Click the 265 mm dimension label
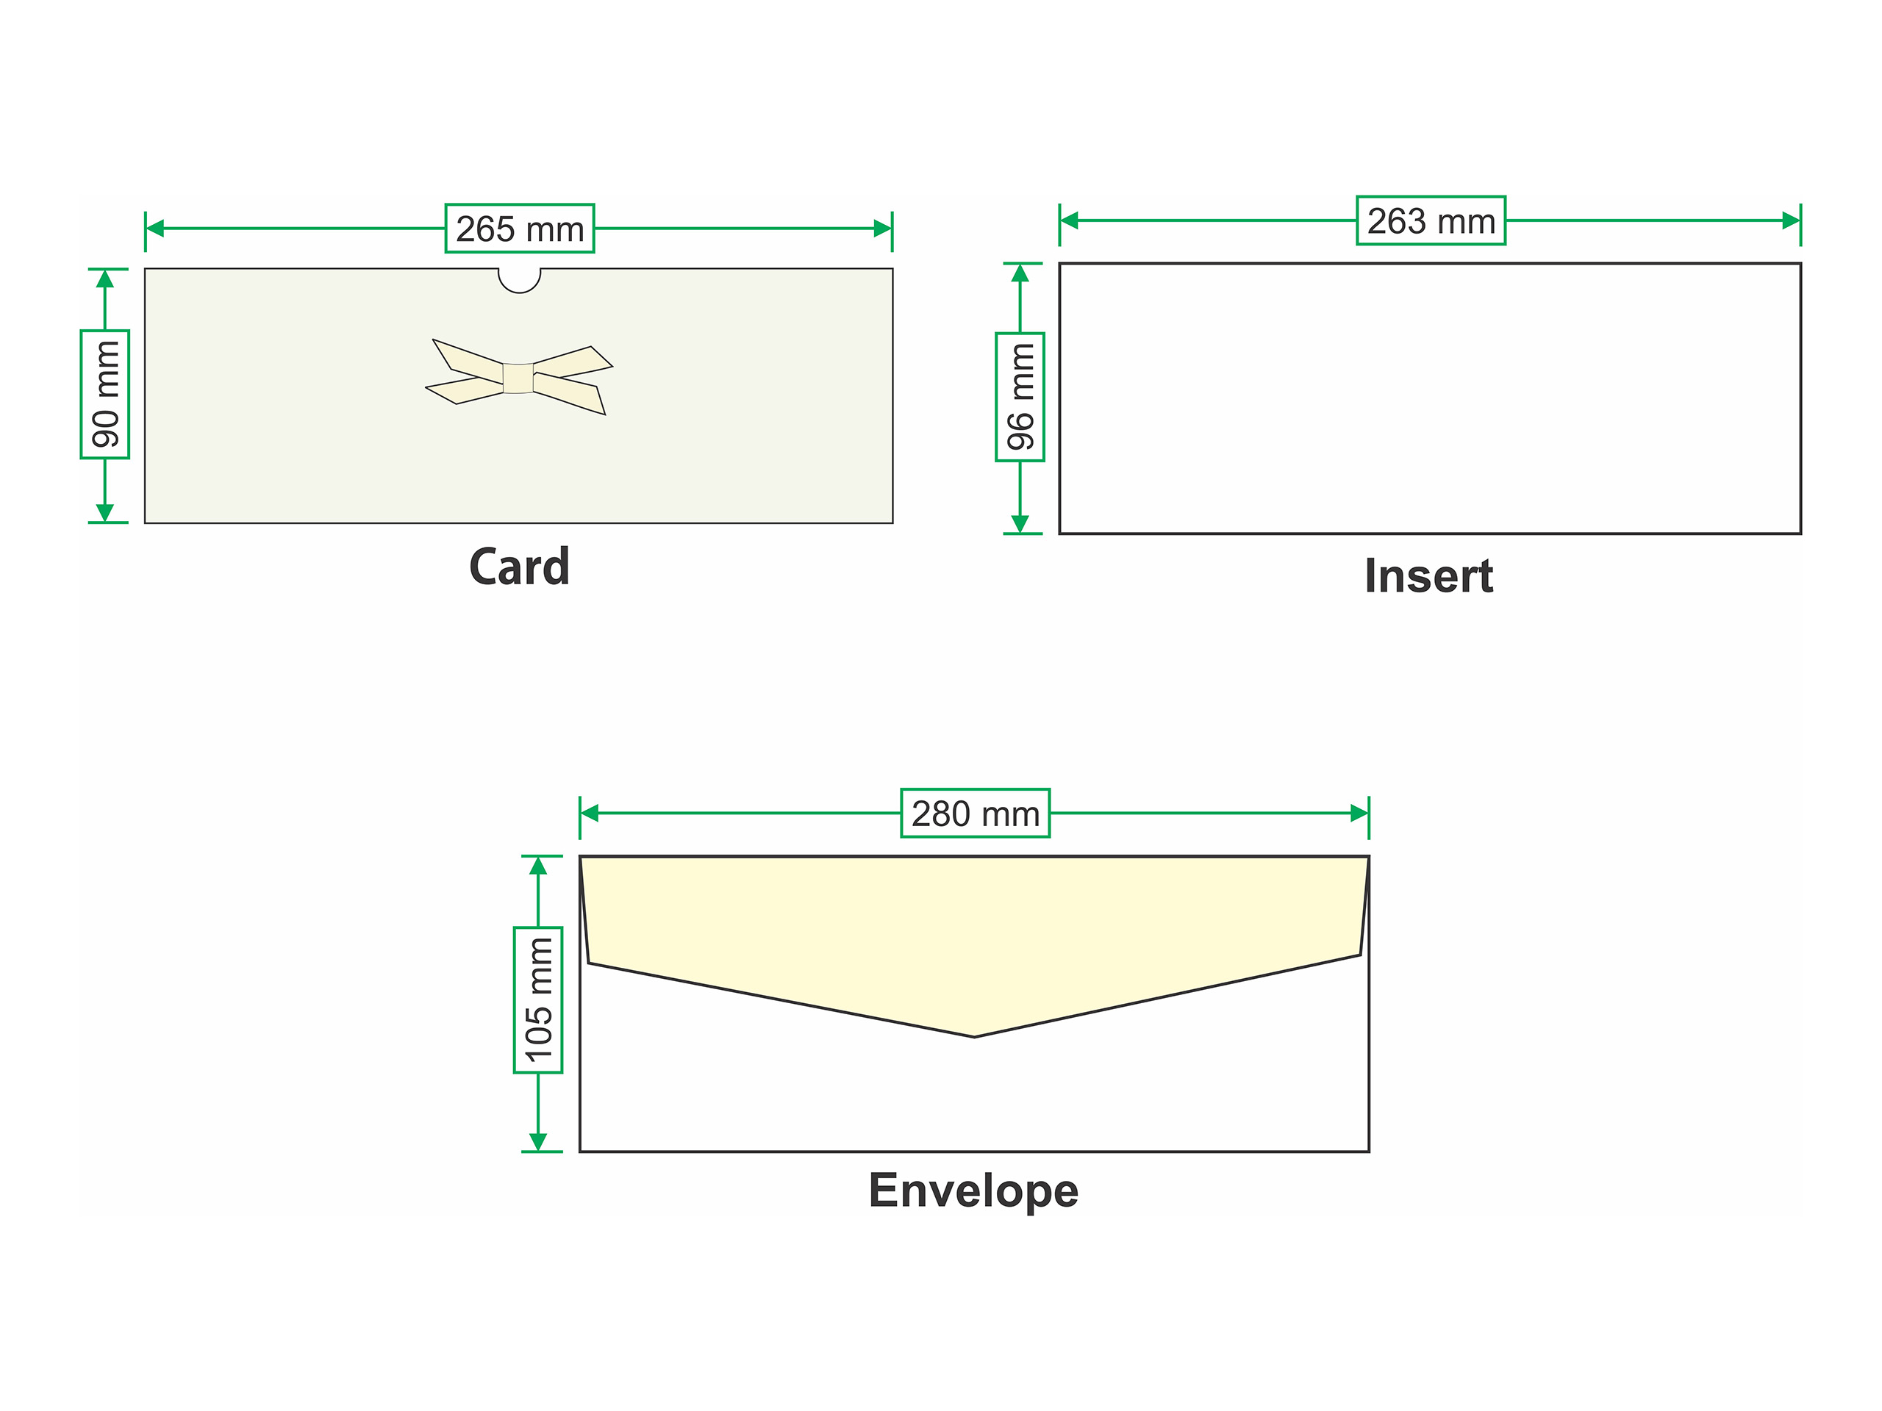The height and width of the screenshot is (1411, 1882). click(520, 229)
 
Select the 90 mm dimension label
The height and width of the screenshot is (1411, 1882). click(104, 394)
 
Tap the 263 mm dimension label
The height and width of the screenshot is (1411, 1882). click(1431, 221)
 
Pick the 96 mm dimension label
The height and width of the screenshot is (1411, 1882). click(1020, 397)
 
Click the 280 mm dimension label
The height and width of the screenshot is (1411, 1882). click(975, 813)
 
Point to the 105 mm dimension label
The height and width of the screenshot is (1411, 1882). click(537, 1000)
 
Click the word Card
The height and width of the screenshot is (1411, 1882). click(519, 567)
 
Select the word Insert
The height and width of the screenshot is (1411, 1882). click(1428, 576)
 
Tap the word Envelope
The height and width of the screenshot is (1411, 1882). click(973, 1191)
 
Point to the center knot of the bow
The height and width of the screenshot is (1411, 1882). click(518, 378)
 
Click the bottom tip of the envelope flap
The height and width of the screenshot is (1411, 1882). click(974, 1036)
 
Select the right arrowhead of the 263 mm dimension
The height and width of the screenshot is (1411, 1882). click(1791, 221)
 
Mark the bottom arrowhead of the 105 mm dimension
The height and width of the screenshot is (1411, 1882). click(537, 1141)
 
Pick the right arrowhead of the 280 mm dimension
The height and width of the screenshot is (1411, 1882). click(1359, 813)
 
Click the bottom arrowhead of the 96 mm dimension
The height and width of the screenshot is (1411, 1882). click(1020, 524)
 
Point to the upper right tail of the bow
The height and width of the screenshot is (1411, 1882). click(573, 362)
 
